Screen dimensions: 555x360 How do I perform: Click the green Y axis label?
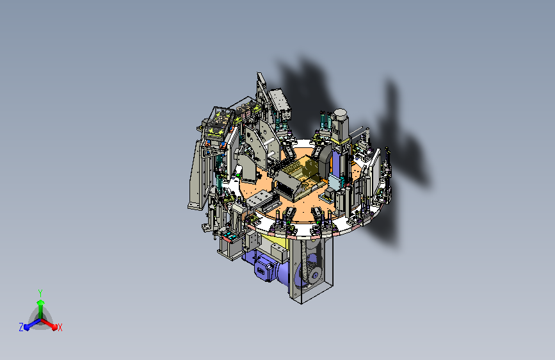[40, 293]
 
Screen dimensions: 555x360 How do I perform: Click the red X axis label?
[60, 327]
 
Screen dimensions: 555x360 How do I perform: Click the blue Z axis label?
[21, 327]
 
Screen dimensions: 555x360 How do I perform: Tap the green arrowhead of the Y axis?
[40, 302]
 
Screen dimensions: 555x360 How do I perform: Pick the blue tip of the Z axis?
[27, 327]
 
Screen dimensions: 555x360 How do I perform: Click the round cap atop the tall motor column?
[340, 113]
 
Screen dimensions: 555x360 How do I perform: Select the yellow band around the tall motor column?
[341, 142]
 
